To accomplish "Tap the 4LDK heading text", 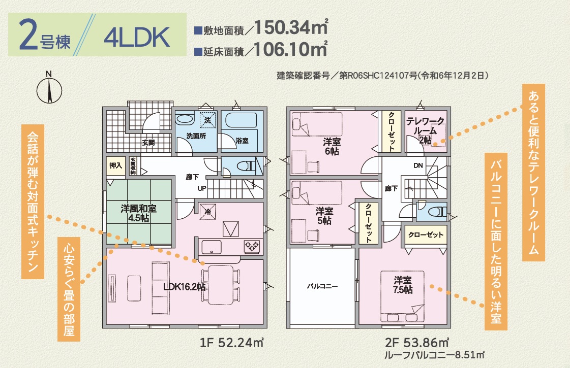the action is tap(137, 38).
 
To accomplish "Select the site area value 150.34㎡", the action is tap(291, 27).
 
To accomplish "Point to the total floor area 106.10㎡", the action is tap(290, 49).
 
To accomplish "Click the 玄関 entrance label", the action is tap(148, 142).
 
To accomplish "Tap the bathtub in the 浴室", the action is tap(239, 120).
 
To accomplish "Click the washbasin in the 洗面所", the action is tap(185, 120).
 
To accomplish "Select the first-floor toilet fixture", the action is tap(246, 166).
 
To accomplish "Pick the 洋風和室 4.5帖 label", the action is tap(138, 213).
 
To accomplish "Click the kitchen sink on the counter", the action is tap(211, 247).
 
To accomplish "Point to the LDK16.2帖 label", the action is tap(184, 287).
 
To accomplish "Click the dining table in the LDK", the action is tap(220, 285).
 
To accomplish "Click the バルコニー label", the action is tap(322, 286).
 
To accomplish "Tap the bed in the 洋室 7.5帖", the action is tap(402, 296).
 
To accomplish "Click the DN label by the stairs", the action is tap(418, 165).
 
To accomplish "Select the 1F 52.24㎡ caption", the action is tap(231, 343).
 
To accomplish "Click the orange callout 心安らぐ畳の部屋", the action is tap(69, 289).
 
